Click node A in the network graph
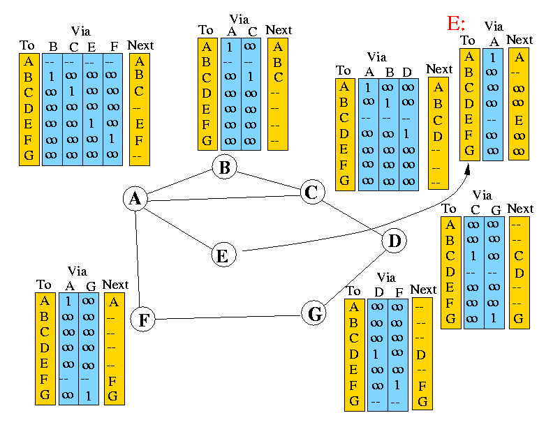[135, 199]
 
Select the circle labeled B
[224, 167]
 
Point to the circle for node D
[395, 241]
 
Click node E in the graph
[222, 255]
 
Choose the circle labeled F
[142, 320]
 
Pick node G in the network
[315, 314]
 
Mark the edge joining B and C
[268, 180]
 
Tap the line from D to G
[355, 278]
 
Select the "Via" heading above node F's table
[78, 271]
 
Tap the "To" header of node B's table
[206, 30]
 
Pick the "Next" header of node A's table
[141, 46]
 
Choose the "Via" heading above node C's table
[376, 57]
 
